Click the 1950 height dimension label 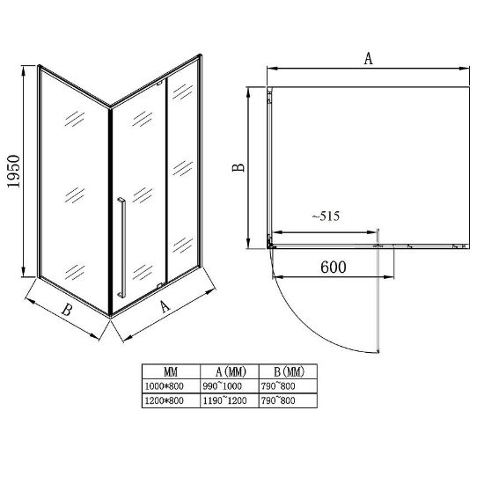[x=13, y=172]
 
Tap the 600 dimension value [x=334, y=267]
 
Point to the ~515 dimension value [x=326, y=216]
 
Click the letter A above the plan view [x=368, y=58]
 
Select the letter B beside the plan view [x=238, y=167]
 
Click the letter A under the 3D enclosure [x=165, y=306]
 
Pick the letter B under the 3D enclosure [x=67, y=310]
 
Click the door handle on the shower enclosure [x=121, y=248]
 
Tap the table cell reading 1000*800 [x=165, y=385]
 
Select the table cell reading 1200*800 [x=165, y=400]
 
